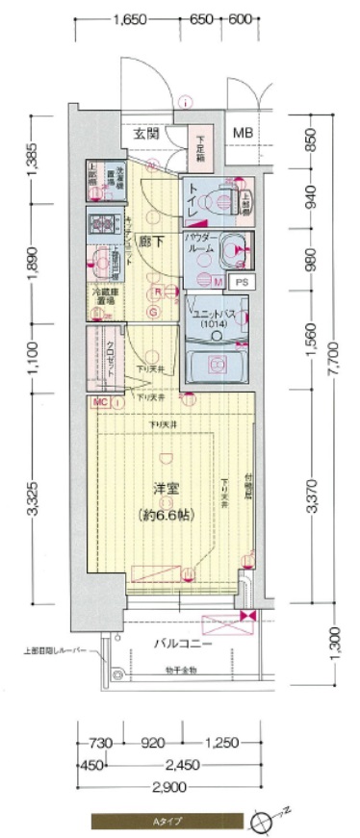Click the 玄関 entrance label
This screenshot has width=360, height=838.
pyautogui.click(x=145, y=133)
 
